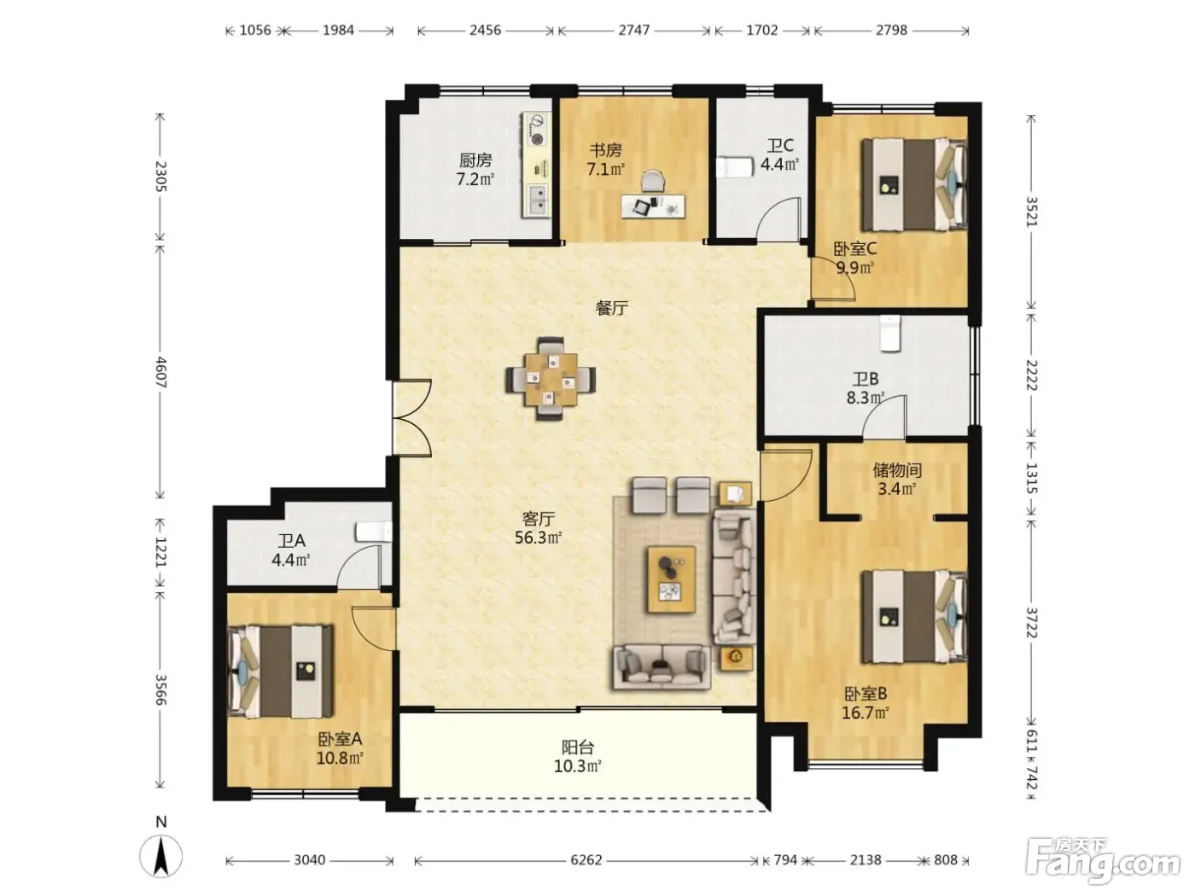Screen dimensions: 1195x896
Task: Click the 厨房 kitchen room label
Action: coord(475,160)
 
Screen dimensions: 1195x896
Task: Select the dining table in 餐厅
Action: coord(551,379)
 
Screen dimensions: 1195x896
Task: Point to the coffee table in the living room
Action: coord(671,579)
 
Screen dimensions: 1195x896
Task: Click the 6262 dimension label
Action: coord(586,859)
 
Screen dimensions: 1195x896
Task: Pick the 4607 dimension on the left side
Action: coord(161,372)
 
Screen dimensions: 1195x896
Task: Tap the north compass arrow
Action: coord(160,856)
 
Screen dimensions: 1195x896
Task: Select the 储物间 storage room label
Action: coord(896,469)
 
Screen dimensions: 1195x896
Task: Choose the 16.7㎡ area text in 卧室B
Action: coord(865,713)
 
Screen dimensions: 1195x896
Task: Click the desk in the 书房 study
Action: coord(653,207)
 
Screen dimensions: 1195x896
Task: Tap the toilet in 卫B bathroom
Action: coord(890,333)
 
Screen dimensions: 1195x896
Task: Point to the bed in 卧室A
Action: coord(281,671)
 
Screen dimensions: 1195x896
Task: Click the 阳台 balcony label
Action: coord(578,747)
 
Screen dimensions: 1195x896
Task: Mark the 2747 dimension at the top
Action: coord(633,30)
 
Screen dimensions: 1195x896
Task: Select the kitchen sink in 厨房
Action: coord(538,199)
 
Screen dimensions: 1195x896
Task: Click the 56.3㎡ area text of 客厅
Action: coord(539,538)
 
